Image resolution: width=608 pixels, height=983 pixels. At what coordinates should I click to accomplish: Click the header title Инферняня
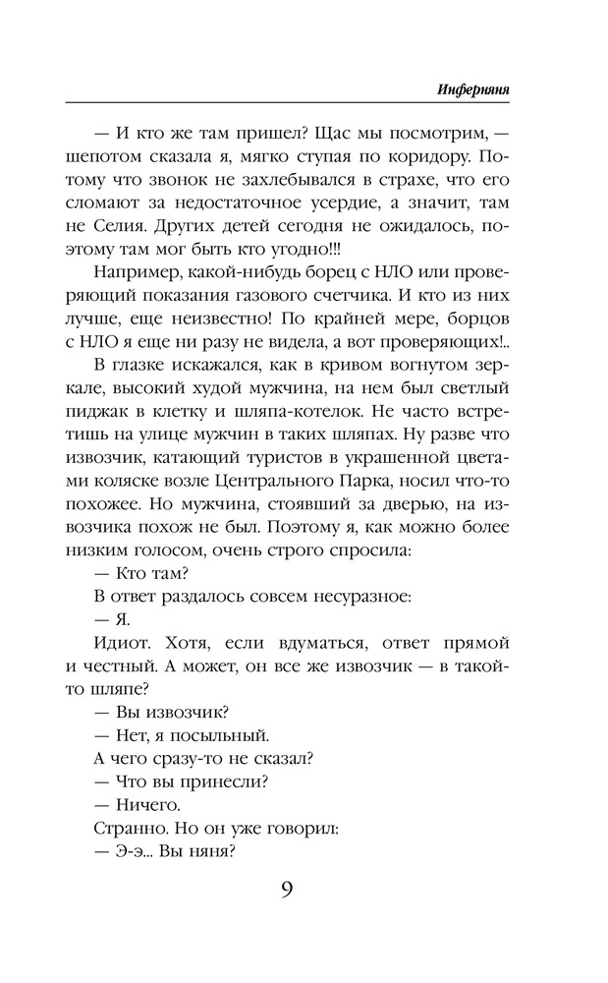pyautogui.click(x=478, y=88)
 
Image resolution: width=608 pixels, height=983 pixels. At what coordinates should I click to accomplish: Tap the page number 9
pyautogui.click(x=286, y=891)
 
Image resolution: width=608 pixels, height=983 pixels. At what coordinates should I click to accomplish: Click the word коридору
pyautogui.click(x=404, y=155)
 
